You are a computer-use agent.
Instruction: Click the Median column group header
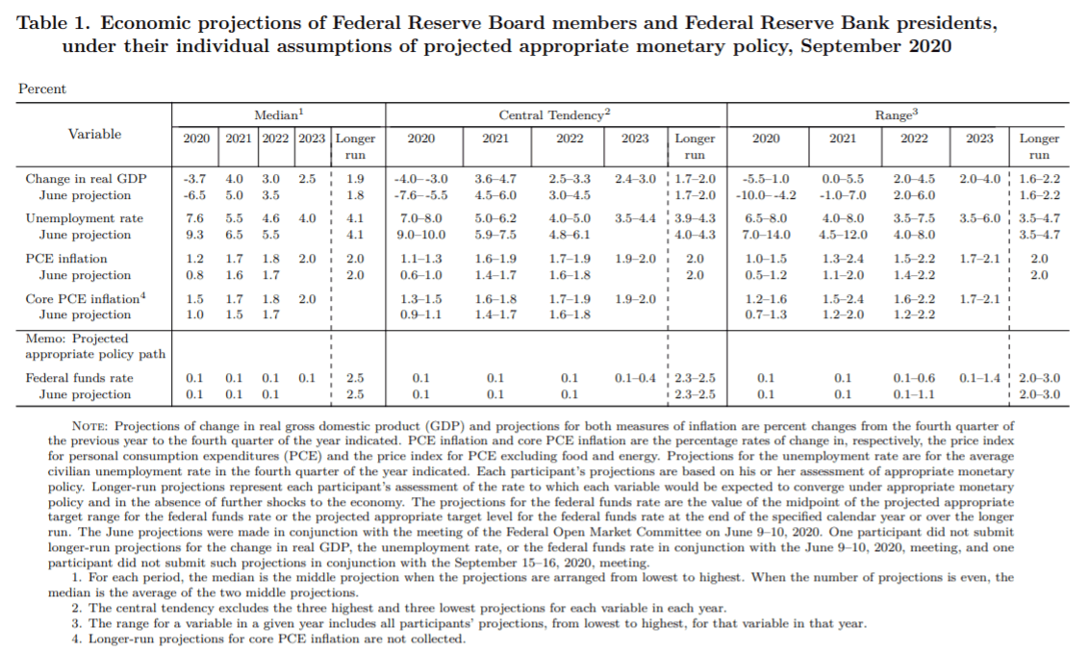coord(279,114)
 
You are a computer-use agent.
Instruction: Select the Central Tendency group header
coord(555,114)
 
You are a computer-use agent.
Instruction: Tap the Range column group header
coord(895,114)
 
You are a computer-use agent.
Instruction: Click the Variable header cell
coord(94,134)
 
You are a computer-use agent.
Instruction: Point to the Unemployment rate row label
coord(85,218)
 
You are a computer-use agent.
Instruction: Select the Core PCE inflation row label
coord(86,299)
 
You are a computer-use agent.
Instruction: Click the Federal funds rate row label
coord(80,378)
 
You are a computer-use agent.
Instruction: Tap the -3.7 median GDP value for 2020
coord(195,178)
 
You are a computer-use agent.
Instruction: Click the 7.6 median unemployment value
coord(195,218)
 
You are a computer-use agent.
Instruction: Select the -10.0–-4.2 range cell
coord(766,194)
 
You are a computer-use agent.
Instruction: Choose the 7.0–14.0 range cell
coord(766,235)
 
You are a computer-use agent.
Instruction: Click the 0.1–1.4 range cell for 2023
coord(980,378)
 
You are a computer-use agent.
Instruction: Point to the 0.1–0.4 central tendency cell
coord(635,378)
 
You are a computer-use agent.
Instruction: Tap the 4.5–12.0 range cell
coord(842,235)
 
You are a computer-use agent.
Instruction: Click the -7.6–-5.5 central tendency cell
coord(420,194)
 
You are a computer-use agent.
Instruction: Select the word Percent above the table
coord(42,89)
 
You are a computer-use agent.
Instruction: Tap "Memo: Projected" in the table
coord(76,339)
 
